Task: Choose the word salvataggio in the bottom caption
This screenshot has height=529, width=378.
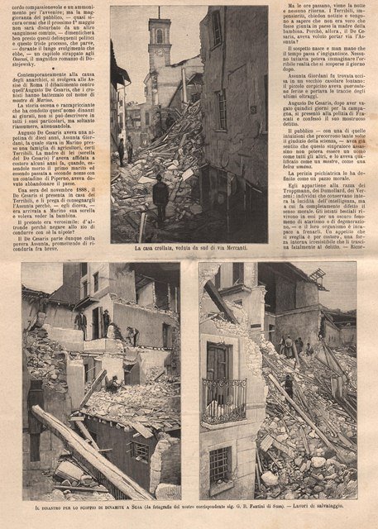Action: [343, 507]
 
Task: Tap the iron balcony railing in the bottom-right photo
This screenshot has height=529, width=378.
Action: [223, 401]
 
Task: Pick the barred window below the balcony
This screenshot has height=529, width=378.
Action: [220, 463]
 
